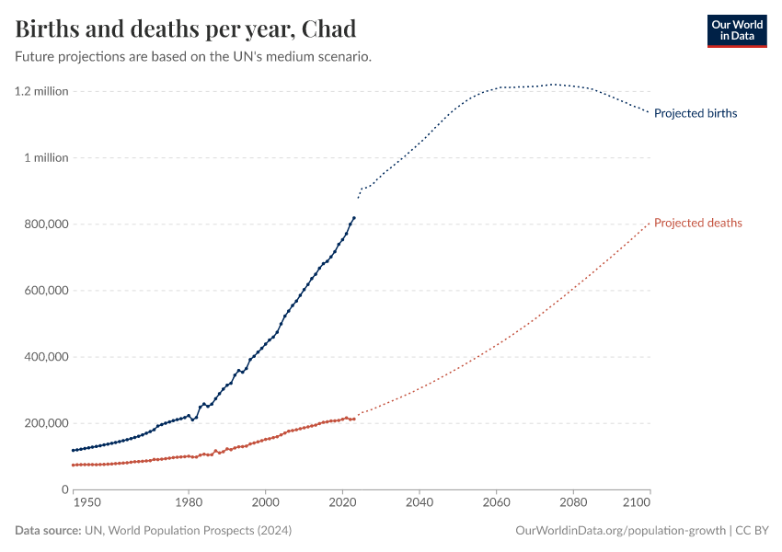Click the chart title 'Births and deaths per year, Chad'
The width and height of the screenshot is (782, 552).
pos(186,29)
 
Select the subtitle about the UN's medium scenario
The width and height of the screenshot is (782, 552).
pos(193,57)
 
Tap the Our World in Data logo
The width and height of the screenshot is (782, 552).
pos(736,30)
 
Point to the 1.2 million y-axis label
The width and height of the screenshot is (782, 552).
pos(41,91)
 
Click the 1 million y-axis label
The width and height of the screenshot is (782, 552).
pos(46,157)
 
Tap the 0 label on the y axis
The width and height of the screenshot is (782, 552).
pos(64,489)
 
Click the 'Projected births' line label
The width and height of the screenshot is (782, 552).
pos(696,113)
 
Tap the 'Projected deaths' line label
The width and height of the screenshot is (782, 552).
pos(697,223)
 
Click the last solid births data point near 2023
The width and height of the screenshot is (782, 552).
pos(354,218)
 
